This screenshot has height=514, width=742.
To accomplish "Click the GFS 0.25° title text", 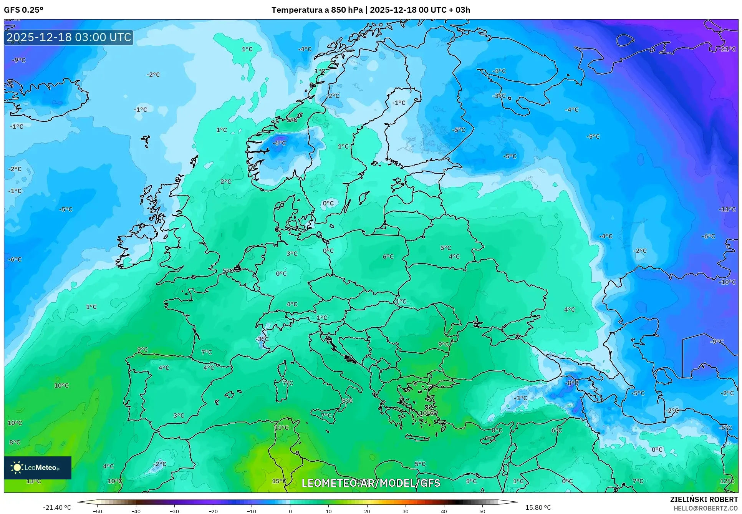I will pyautogui.click(x=23, y=10).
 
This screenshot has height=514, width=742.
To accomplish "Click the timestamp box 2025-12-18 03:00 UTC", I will pyautogui.click(x=69, y=37).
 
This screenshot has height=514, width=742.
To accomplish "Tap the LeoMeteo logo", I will pyautogui.click(x=37, y=468).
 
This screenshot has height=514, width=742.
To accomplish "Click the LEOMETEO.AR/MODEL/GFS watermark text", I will pyautogui.click(x=371, y=483).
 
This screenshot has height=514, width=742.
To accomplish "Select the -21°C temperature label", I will pyautogui.click(x=727, y=49).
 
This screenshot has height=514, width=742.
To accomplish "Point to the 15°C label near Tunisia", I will pyautogui.click(x=279, y=481).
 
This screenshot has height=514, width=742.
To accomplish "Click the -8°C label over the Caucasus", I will pyautogui.click(x=571, y=383).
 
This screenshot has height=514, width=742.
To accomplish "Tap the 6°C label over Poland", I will pyautogui.click(x=388, y=256).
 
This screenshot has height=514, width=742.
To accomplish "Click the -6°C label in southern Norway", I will pyautogui.click(x=279, y=143).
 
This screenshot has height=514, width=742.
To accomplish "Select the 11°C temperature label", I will pyautogui.click(x=281, y=428).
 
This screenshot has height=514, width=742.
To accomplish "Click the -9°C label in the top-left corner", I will pyautogui.click(x=18, y=60).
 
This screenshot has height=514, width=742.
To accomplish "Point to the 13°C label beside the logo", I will pyautogui.click(x=33, y=481).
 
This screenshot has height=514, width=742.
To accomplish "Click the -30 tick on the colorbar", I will pyautogui.click(x=174, y=511).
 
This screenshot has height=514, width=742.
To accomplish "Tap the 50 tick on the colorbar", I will pyautogui.click(x=482, y=511).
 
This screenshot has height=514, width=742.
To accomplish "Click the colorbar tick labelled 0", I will pyautogui.click(x=290, y=511).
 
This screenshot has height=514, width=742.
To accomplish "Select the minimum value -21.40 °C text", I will pyautogui.click(x=57, y=507).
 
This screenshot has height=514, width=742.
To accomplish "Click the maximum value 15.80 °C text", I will pyautogui.click(x=538, y=507).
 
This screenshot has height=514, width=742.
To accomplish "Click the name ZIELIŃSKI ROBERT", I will pyautogui.click(x=704, y=499).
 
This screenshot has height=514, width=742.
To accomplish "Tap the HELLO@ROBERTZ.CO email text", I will pyautogui.click(x=705, y=508).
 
